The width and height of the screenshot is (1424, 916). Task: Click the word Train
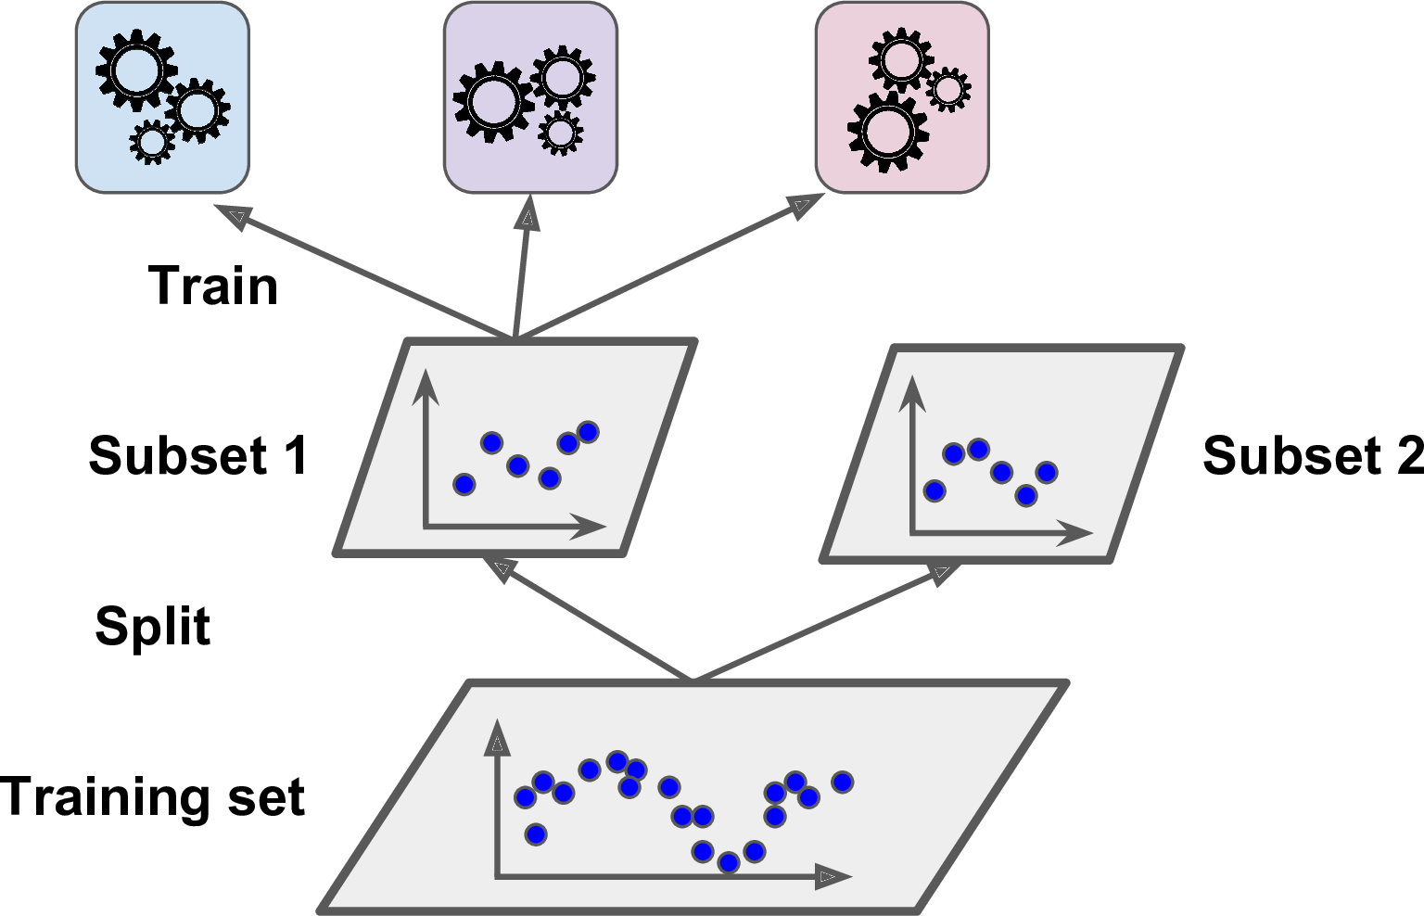point(213,286)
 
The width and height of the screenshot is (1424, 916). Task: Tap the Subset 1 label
point(197,456)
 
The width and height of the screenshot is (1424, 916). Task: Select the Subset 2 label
point(1312,456)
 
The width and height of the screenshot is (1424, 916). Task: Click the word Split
point(153,627)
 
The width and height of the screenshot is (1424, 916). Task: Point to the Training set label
point(153,797)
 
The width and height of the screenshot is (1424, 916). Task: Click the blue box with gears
point(162,97)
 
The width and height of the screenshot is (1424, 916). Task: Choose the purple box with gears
point(530,97)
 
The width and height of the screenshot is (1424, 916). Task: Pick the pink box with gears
point(902,97)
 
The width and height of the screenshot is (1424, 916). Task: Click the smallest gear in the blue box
point(153,142)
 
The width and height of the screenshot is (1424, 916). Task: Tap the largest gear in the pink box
point(887,131)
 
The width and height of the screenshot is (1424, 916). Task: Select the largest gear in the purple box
point(493,101)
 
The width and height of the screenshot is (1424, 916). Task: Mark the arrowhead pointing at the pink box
point(802,206)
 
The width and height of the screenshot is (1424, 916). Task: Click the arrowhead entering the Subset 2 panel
point(943,573)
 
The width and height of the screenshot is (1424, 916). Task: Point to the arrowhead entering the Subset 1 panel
point(502,568)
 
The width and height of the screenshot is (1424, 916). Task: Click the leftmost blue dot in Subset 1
point(464,484)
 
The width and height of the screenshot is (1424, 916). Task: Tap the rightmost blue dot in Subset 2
point(1047,473)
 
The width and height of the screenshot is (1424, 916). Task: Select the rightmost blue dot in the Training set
point(842,782)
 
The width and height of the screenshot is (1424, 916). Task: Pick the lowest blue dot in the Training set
point(729,862)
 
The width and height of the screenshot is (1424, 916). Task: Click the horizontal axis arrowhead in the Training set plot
point(833,876)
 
